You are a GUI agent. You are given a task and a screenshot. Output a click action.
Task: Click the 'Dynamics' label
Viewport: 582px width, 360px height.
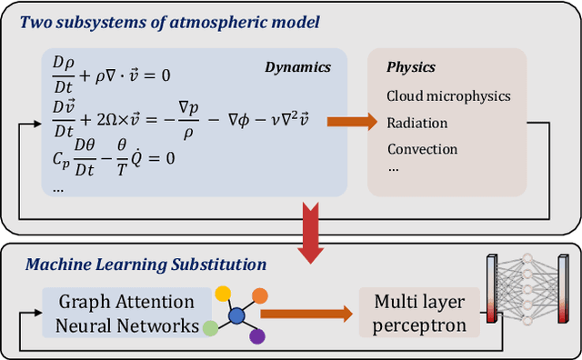pyautogui.click(x=296, y=66)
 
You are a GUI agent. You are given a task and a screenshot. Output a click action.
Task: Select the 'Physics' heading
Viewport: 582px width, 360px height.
pyautogui.click(x=411, y=67)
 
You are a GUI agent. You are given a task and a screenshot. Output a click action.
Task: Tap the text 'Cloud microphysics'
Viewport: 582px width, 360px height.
pyautogui.click(x=448, y=95)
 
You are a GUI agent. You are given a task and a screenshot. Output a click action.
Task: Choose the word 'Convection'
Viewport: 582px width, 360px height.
pyautogui.click(x=422, y=148)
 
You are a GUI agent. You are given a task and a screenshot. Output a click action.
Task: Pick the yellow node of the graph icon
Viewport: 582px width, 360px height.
pyautogui.click(x=222, y=294)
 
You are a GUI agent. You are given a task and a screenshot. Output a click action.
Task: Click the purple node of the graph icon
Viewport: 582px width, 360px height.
pyautogui.click(x=257, y=337)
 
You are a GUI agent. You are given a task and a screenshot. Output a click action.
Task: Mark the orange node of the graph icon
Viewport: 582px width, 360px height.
pyautogui.click(x=260, y=295)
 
